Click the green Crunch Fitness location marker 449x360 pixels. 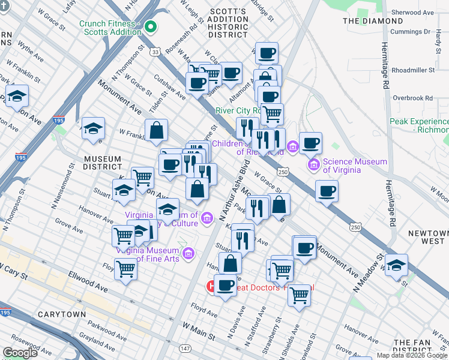(150, 26)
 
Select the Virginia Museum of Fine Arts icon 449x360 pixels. (188, 254)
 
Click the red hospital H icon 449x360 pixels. (211, 287)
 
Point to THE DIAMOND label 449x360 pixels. (368, 21)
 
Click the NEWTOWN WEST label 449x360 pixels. (426, 236)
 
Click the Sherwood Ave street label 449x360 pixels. (412, 13)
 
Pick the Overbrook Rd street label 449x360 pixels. (412, 98)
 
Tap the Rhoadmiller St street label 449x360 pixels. (413, 70)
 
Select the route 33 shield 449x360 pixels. (155, 53)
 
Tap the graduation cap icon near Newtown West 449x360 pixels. (396, 265)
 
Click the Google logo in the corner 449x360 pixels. (20, 353)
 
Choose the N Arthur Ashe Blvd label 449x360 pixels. (235, 193)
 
